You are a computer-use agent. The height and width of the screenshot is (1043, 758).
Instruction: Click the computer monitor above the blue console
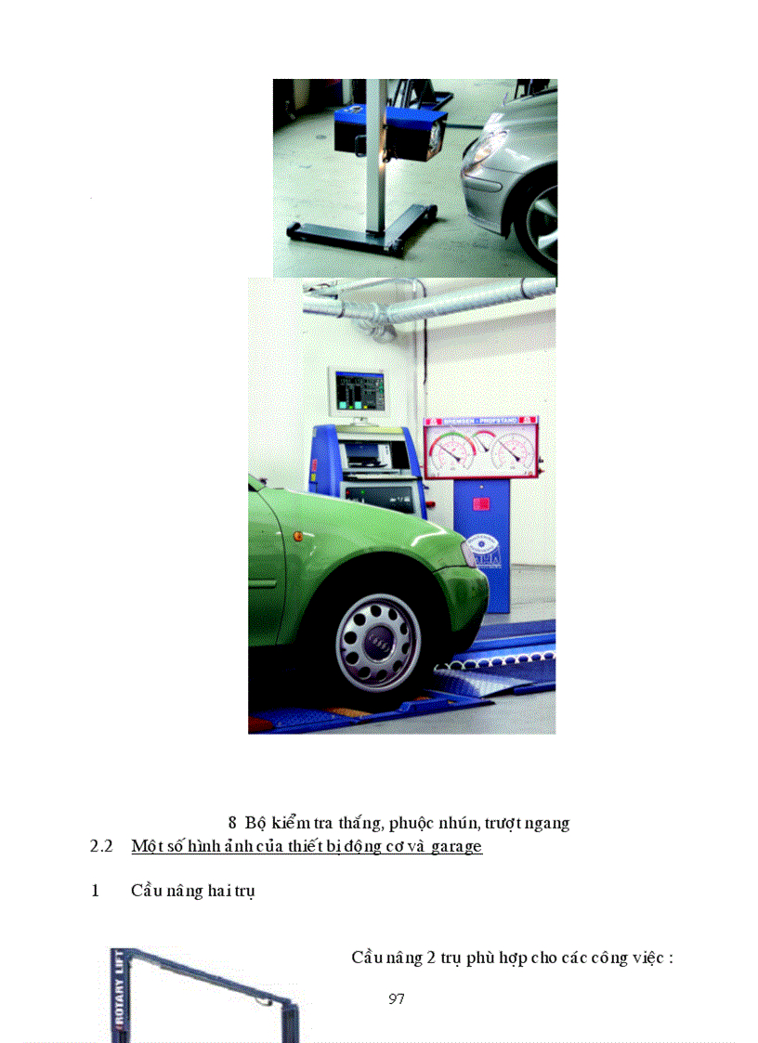click(x=357, y=393)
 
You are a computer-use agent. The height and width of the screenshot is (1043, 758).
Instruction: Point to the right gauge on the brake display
click(x=511, y=450)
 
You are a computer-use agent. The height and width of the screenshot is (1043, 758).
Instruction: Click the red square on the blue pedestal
click(x=481, y=504)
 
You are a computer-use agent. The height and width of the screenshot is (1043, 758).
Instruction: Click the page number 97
click(x=397, y=999)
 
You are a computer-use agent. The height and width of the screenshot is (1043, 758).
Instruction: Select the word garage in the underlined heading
click(x=456, y=846)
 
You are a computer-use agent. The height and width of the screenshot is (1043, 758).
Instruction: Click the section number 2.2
click(x=101, y=846)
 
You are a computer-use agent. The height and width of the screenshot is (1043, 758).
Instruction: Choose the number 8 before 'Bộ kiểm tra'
click(x=232, y=823)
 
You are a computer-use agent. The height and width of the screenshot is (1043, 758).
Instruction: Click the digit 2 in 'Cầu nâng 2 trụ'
click(x=431, y=958)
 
